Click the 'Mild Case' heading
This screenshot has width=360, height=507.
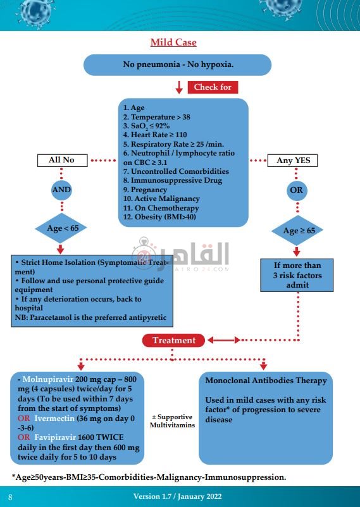[173, 42]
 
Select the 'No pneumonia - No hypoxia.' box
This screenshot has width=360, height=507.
[178, 65]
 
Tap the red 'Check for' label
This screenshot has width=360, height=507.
[213, 87]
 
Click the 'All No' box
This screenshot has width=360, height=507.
[61, 161]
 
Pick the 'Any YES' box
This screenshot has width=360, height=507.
[293, 161]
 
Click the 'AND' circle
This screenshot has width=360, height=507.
[61, 190]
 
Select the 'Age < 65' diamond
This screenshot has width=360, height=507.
[62, 228]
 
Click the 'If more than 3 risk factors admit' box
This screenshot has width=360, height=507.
[297, 275]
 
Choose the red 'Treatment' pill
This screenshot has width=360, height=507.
[174, 340]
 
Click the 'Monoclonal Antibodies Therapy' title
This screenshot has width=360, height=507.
[266, 381]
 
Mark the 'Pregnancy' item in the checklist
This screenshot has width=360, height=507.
[145, 190]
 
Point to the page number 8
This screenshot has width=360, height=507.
[10, 497]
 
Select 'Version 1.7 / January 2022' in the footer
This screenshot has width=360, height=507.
[177, 496]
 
